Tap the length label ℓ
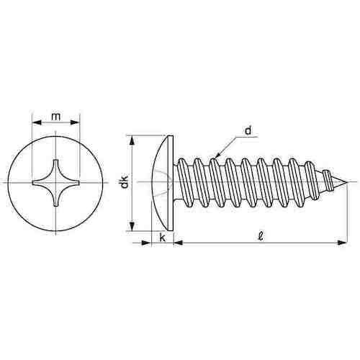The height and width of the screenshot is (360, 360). pos(257,235)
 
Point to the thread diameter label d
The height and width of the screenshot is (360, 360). pos(248,130)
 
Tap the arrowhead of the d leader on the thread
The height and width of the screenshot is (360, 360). pos(215,153)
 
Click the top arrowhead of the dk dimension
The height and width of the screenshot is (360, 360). pos(132,139)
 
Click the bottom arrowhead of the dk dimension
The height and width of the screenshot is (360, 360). pos(132,227)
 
